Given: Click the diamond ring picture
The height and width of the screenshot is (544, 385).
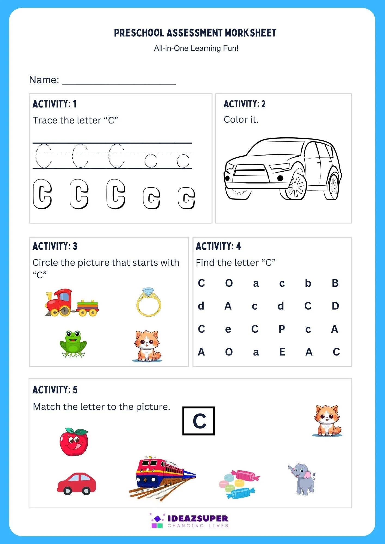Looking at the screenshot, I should point(149,302).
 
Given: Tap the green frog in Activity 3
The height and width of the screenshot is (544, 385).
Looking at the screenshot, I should point(73,344).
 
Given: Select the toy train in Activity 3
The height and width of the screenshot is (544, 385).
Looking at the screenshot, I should point(71,303).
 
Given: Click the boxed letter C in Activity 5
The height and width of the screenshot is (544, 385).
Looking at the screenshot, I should point(199,421).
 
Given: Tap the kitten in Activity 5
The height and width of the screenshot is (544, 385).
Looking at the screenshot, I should point(327,421).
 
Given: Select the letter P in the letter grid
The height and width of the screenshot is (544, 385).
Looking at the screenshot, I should point(282,329).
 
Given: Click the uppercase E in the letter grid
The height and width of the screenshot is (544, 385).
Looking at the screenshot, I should point(282,352).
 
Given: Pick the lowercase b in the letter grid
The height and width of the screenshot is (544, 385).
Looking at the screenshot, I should point(308,283).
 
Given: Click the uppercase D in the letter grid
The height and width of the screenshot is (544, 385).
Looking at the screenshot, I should point(335,306).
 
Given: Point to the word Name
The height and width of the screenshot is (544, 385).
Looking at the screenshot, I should point(44,80).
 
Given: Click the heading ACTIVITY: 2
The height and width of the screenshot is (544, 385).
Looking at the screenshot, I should point(244,104).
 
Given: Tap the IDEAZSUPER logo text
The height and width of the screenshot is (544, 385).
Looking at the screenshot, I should point(198,518).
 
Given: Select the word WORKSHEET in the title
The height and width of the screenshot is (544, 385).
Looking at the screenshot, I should point(250,33).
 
